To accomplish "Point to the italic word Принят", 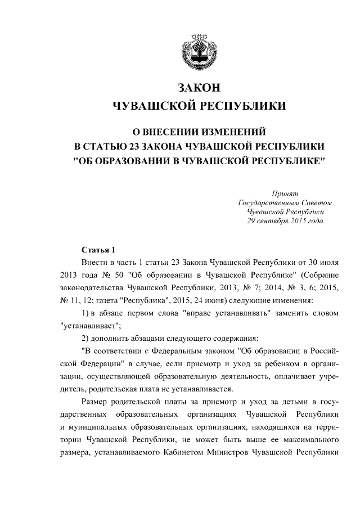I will pyautogui.click(x=286, y=193).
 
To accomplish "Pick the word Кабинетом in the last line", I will pyautogui.click(x=199, y=457).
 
